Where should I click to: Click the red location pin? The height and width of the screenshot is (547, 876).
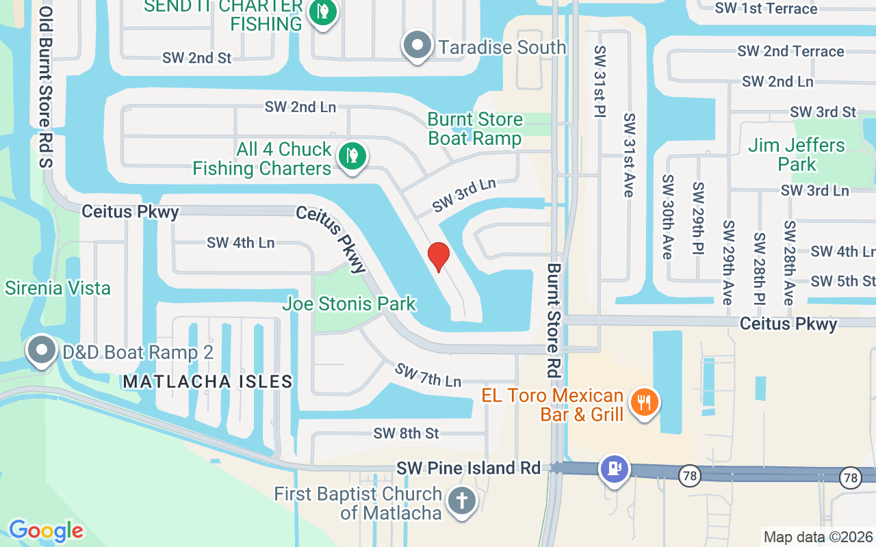click(x=439, y=256)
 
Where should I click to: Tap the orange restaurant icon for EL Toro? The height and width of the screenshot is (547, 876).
click(x=643, y=401)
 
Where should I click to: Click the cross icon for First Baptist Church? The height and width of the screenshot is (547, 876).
click(x=462, y=501)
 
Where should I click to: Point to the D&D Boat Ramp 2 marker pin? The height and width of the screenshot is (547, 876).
click(x=42, y=351)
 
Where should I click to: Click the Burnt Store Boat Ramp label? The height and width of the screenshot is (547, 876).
click(x=475, y=129)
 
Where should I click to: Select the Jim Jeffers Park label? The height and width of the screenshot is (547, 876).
click(x=797, y=155)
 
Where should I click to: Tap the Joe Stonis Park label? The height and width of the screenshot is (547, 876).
click(x=349, y=304)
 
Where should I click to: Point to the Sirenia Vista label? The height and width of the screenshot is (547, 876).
click(x=57, y=288)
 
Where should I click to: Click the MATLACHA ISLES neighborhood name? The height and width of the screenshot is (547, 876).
click(x=208, y=382)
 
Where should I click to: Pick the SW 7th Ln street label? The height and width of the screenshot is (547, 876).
click(x=428, y=374)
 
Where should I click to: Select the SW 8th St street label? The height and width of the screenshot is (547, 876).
click(x=407, y=433)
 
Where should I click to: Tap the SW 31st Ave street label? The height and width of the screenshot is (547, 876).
click(x=629, y=155)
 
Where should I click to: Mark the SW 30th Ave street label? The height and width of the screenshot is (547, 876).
click(x=667, y=216)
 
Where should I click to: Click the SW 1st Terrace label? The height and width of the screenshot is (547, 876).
click(x=766, y=9)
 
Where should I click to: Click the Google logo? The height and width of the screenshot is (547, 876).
click(x=46, y=531)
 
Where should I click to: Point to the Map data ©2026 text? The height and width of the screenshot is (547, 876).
click(x=818, y=537)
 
